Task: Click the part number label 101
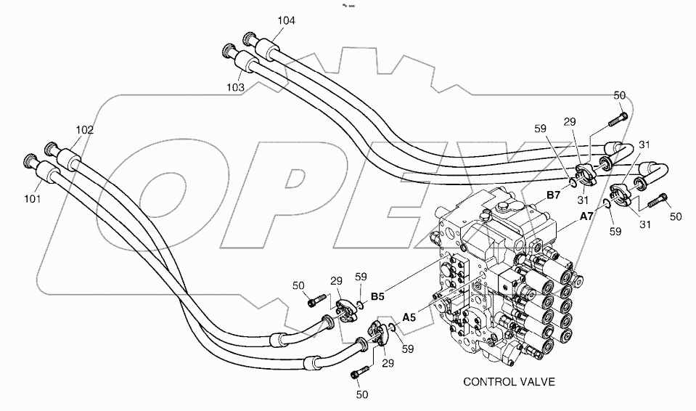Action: [33, 197]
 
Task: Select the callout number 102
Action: [85, 131]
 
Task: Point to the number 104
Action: [286, 21]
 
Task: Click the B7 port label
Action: [553, 196]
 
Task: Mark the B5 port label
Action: [377, 296]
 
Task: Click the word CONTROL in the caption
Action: [489, 382]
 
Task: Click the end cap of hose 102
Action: [52, 147]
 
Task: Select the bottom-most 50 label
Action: [362, 394]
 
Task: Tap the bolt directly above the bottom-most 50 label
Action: [356, 374]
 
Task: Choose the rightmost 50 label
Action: [676, 216]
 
